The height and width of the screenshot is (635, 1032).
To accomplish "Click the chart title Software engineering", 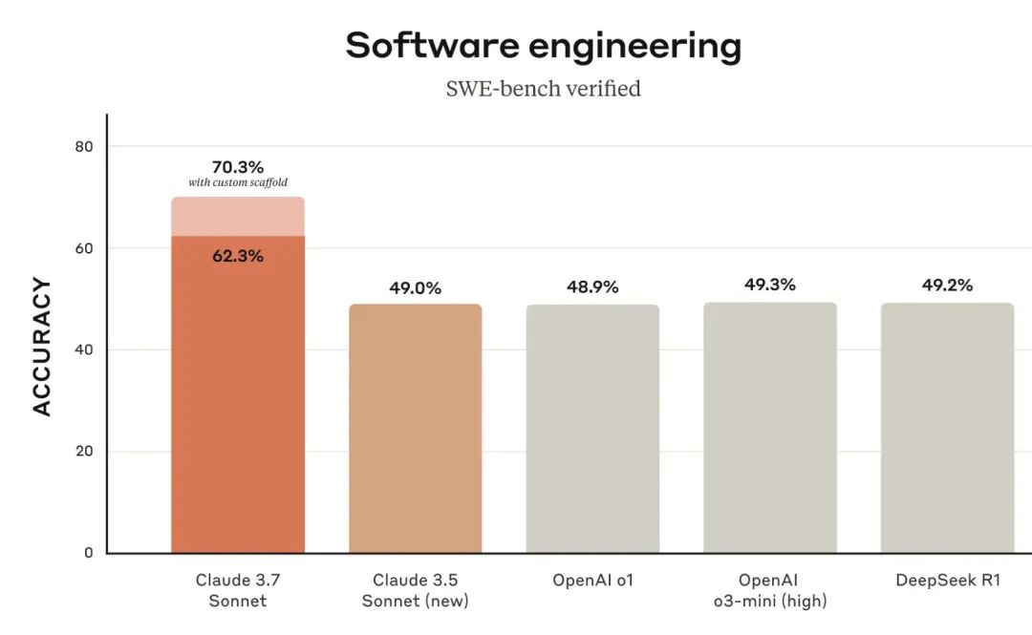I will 543,46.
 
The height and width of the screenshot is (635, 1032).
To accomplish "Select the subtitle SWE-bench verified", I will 543,89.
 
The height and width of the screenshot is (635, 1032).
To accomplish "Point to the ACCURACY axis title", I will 42,347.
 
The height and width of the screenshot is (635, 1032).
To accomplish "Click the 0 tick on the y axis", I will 88,553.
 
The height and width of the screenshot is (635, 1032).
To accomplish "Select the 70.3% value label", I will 237,167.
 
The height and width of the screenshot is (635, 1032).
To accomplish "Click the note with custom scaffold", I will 237,182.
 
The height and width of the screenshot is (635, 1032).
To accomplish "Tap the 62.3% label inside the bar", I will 237,256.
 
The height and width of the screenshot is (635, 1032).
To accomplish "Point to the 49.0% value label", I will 415,287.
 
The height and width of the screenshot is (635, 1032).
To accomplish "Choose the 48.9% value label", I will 592,286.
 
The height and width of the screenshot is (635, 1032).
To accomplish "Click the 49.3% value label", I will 769,285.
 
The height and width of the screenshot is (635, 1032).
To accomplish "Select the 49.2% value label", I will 947,285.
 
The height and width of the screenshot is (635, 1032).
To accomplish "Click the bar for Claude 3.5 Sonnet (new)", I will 415,429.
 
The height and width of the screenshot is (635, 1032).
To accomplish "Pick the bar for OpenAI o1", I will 592,429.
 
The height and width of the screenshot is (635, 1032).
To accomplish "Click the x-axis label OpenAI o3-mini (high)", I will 769,591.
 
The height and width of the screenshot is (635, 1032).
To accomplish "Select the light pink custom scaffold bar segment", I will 237,217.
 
